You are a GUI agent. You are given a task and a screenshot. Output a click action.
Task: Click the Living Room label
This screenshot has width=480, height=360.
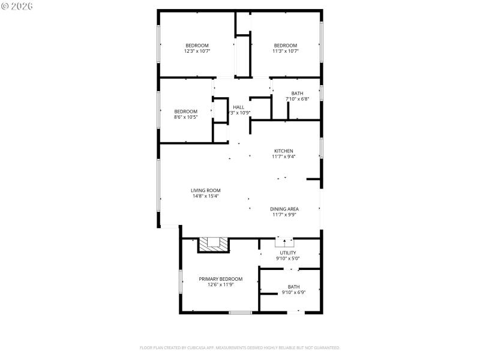[206, 190]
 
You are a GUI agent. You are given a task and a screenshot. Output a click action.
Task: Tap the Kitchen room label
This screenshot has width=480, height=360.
[284, 151]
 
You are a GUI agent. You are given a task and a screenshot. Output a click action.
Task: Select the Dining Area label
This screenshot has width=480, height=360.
[284, 209]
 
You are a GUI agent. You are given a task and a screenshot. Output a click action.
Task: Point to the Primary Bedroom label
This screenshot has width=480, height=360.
[221, 279]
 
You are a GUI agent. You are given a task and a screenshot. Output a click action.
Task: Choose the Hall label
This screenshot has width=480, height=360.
[238, 107]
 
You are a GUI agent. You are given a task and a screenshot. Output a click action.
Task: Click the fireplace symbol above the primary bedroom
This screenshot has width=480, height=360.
[214, 244]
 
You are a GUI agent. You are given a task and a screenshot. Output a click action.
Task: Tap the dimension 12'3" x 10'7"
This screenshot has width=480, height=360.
[197, 52]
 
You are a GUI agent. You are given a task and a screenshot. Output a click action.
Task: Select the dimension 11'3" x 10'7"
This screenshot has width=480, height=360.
[286, 52]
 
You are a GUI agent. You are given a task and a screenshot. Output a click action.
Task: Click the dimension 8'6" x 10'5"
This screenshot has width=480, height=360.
[185, 117]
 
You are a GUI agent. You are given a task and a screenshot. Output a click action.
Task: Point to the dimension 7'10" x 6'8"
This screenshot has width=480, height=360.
[297, 99]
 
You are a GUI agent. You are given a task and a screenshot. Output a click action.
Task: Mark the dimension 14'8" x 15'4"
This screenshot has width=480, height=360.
[206, 196]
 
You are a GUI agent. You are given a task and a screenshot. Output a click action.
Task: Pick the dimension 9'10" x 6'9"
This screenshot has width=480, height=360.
[293, 293]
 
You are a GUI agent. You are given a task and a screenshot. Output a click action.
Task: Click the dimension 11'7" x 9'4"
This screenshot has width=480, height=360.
[284, 157]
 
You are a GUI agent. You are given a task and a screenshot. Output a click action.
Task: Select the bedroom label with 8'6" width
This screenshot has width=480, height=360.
[185, 111]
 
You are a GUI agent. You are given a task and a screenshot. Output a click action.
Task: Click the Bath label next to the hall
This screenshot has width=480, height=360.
[297, 93]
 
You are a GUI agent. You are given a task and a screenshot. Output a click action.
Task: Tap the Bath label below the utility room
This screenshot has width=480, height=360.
[293, 287]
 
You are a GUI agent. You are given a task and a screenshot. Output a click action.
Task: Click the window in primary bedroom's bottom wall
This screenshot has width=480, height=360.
[240, 312]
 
